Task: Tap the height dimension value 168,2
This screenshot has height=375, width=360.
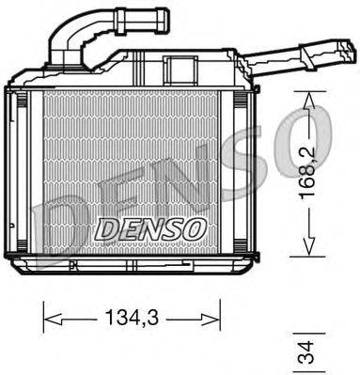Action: [x=307, y=172]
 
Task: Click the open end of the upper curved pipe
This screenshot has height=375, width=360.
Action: [x=164, y=16]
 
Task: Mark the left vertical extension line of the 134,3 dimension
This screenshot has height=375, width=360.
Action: [x=43, y=315]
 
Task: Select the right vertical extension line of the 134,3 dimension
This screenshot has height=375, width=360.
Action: [x=220, y=315]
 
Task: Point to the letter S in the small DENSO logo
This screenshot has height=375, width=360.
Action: [x=170, y=227]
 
